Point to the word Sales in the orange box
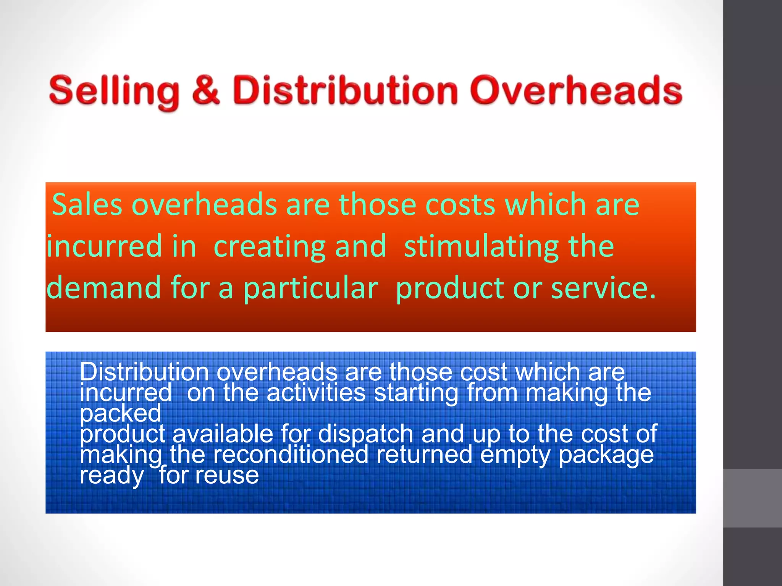click(87, 204)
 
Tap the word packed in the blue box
click(121, 414)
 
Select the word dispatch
click(365, 434)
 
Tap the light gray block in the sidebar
click(752, 498)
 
